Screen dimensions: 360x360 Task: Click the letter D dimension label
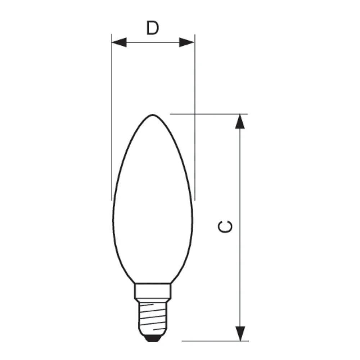(152, 28)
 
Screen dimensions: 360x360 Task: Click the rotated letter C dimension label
(225, 227)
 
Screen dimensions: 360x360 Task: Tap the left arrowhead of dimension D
(119, 42)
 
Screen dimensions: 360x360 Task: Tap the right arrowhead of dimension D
(186, 42)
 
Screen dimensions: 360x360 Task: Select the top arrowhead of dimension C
(240, 121)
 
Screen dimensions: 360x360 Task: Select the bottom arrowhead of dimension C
(240, 334)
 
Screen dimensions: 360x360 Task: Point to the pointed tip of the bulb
(153, 114)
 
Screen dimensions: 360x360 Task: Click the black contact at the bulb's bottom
(153, 338)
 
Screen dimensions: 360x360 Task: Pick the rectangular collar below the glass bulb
(153, 291)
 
